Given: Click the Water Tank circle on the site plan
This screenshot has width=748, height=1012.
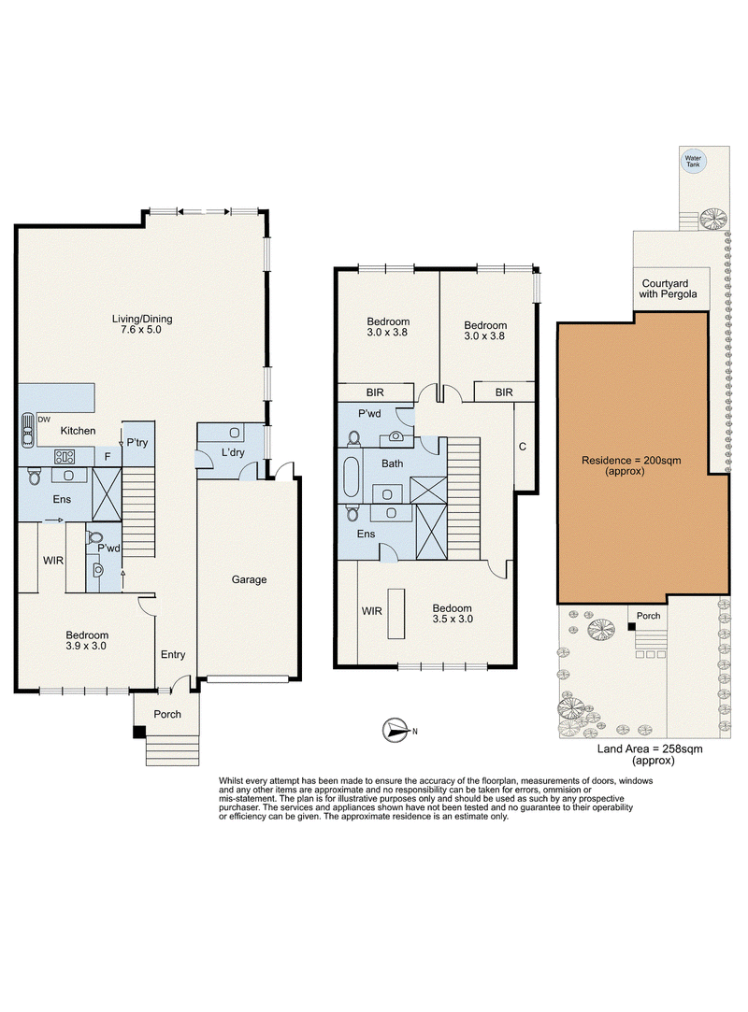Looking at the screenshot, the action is tap(693, 162).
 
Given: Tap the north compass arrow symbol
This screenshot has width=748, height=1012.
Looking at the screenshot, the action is tap(396, 731).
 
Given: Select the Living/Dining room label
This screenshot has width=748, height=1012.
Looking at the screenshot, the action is tap(142, 324).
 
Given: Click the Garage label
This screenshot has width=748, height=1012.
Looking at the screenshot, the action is tap(250, 579).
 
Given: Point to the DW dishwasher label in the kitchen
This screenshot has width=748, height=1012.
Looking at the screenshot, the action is tap(44, 420).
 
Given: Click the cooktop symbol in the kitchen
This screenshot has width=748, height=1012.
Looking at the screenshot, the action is tap(65, 457).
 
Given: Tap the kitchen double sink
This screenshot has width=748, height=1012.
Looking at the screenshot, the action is tap(26, 429).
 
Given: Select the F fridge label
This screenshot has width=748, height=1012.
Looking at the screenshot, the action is tap(108, 457).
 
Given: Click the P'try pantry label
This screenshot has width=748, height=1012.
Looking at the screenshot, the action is tap(137, 443).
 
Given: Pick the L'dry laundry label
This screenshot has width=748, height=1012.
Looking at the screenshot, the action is tap(233, 452).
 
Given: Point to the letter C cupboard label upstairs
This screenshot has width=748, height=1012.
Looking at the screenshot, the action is tap(523, 447).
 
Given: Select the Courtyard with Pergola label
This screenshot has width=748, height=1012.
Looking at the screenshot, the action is tap(668, 289).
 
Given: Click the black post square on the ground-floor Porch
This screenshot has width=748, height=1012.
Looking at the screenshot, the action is tap(139, 732).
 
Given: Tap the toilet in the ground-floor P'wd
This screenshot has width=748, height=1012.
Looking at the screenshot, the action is tap(95, 537).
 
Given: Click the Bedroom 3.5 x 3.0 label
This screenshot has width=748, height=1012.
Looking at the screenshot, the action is tap(453, 613).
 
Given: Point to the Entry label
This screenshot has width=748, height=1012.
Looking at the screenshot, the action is tap(173, 654).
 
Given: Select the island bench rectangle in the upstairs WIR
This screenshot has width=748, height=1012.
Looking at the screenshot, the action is tap(396, 614).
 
